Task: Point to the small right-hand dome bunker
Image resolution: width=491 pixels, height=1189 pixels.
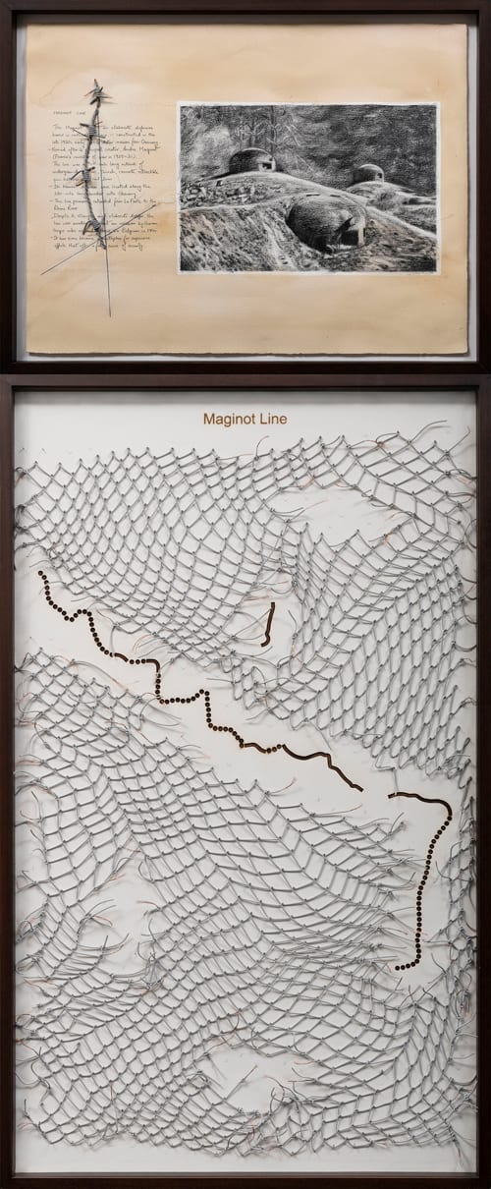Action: point(367,175)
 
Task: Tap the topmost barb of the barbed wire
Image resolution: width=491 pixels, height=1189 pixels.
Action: point(98,90)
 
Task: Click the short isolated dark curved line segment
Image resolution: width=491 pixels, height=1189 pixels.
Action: point(267,628)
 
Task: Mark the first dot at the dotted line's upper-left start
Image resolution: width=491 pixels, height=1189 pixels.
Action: point(40,574)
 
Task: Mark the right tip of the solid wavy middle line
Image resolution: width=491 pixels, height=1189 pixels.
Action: point(361,789)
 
